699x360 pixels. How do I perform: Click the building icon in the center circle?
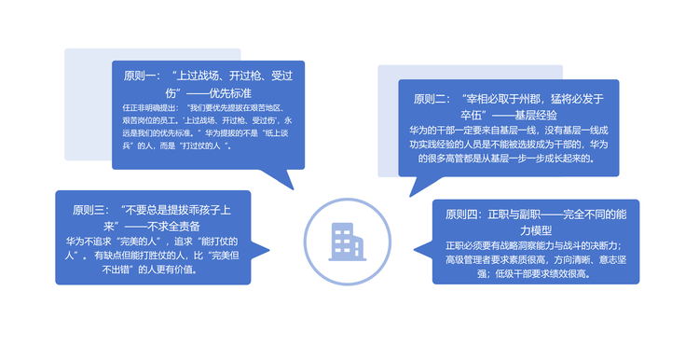tap(347, 242)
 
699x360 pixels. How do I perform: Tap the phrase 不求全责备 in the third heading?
tap(173, 227)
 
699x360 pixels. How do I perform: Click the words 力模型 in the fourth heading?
tap(536, 230)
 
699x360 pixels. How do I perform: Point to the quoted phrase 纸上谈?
tap(277, 133)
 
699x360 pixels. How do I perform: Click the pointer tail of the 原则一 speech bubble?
tap(280, 179)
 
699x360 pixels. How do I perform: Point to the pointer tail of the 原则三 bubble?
tap(260, 250)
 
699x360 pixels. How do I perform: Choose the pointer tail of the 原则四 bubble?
tap(423, 250)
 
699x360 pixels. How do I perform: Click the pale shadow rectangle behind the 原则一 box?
tap(88, 104)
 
